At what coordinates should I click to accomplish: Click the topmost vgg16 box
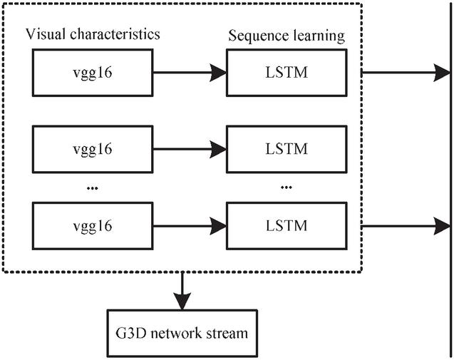coord(93,72)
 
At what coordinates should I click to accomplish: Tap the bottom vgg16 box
coord(93,226)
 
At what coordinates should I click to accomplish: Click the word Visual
coord(45,34)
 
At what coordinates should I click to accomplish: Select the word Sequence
coord(257,34)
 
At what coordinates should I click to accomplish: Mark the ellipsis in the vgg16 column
coord(92,187)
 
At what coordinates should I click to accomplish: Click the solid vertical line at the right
coord(450,178)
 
